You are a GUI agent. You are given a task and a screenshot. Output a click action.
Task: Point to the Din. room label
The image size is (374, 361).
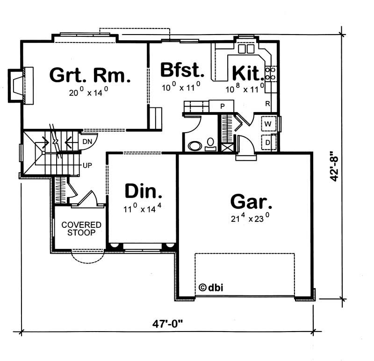click(x=144, y=191)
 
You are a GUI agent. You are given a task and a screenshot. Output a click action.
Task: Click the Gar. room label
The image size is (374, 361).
click(x=251, y=202)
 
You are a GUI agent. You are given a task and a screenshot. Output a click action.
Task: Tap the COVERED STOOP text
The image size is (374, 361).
click(x=79, y=228)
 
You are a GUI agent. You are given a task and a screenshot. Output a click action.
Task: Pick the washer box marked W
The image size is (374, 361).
click(x=268, y=124)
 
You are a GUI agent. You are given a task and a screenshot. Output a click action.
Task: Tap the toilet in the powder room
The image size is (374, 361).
click(x=211, y=143)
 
